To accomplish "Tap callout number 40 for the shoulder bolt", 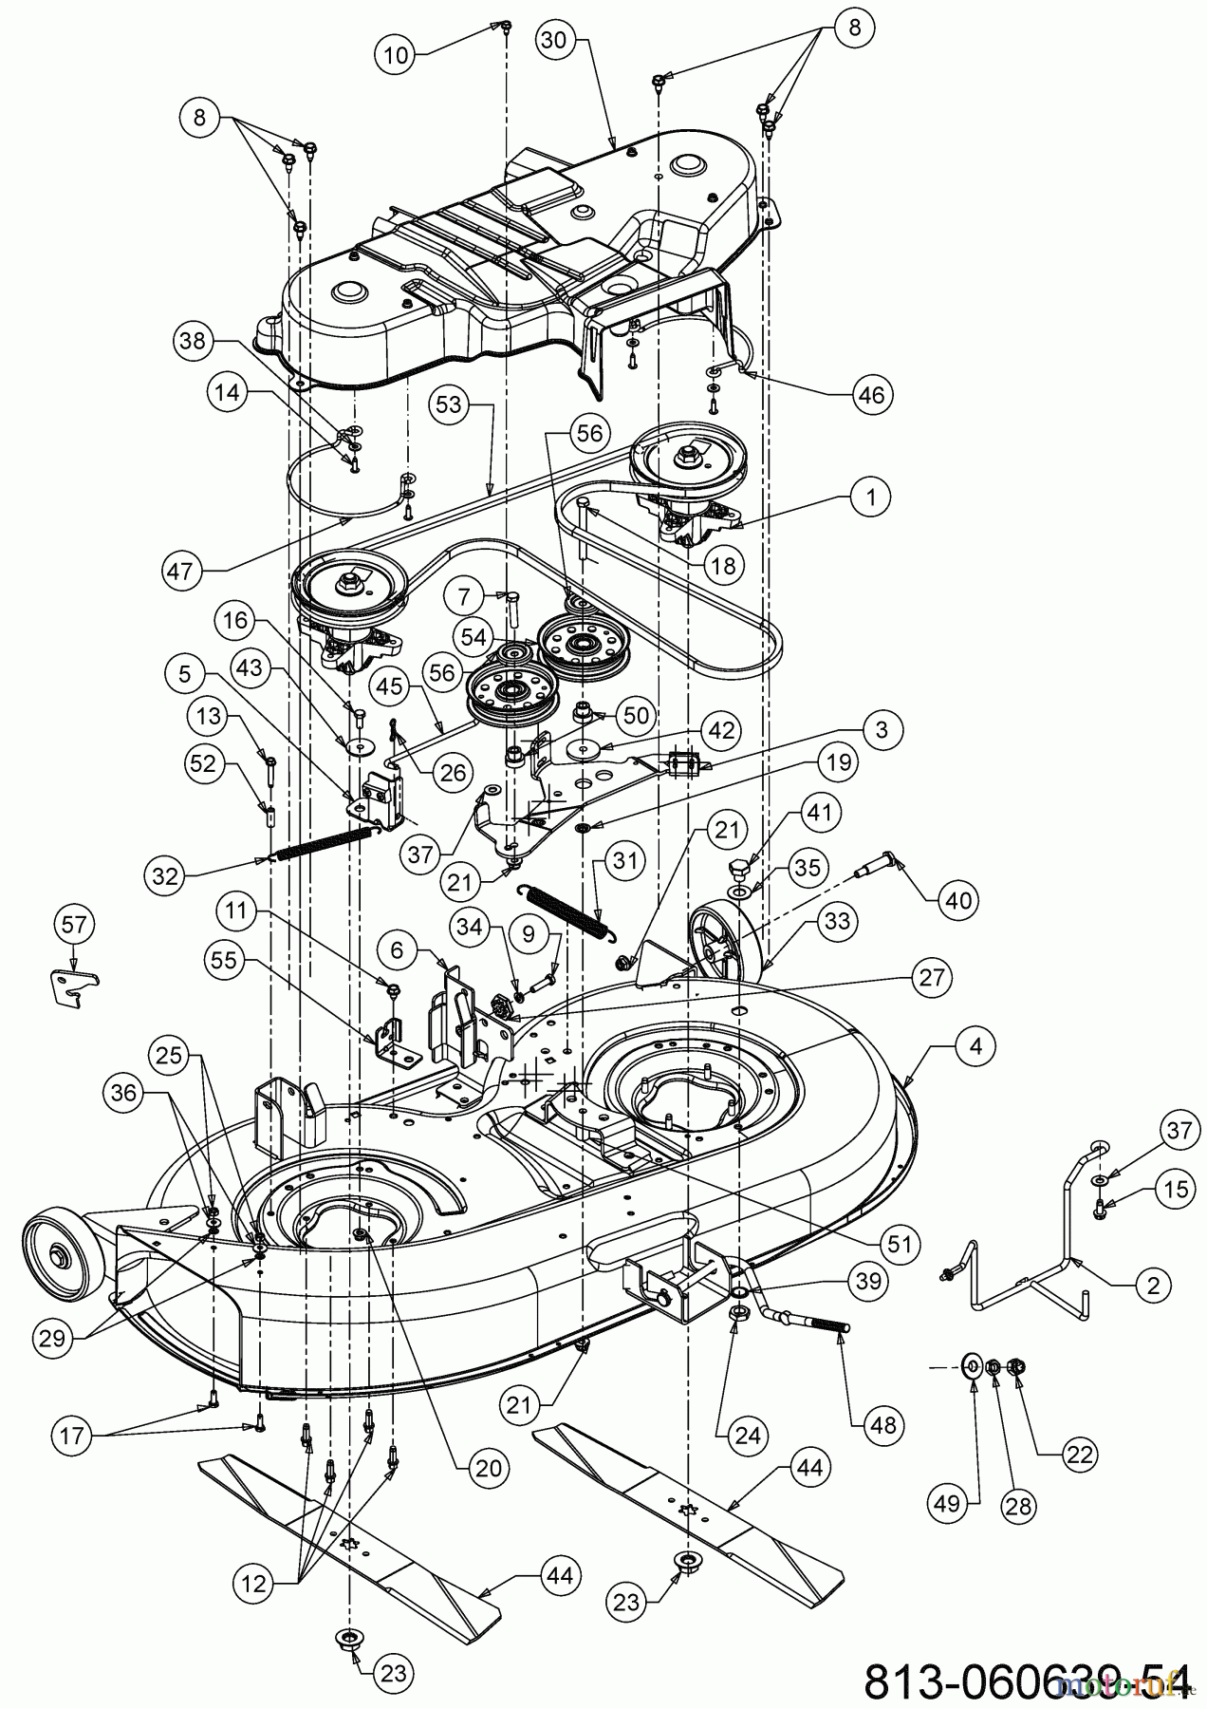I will click(x=959, y=898).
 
